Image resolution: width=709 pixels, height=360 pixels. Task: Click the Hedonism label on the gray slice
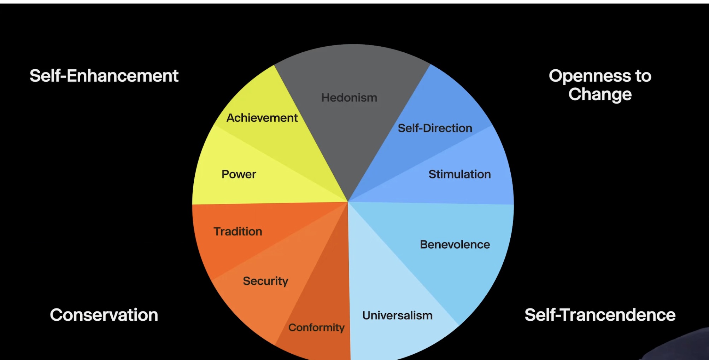(x=349, y=98)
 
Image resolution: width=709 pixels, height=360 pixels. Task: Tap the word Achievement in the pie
(x=262, y=118)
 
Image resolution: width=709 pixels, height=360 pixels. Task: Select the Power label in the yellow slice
(x=239, y=174)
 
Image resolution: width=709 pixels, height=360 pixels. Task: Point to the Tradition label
(x=238, y=231)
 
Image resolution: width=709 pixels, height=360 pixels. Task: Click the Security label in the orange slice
(x=265, y=281)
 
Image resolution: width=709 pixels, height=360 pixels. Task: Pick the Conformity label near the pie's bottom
(x=316, y=328)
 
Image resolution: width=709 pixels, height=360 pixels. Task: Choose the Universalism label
(x=397, y=315)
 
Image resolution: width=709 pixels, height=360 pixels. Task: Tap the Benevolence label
(x=455, y=244)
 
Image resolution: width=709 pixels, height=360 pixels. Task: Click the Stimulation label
(x=459, y=174)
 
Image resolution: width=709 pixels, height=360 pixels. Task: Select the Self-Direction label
(x=435, y=128)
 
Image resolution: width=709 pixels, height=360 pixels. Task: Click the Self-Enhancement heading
(x=104, y=76)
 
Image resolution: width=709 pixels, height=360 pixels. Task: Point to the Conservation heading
(x=104, y=315)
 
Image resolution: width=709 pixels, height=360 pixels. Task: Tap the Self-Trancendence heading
(x=600, y=315)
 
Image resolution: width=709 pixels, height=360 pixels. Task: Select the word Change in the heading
(x=600, y=94)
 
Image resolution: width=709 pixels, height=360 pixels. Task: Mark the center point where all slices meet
(x=348, y=202)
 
